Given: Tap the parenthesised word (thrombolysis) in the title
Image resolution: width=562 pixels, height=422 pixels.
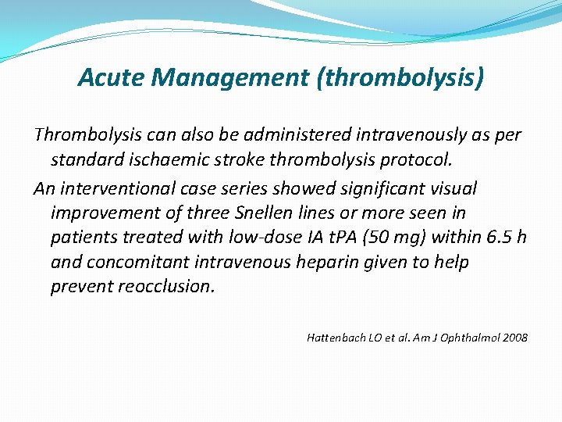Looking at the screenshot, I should (x=400, y=77).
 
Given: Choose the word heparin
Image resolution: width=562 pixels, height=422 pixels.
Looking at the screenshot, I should (x=328, y=262).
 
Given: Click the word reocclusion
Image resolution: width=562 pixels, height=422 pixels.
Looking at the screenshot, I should (x=165, y=286).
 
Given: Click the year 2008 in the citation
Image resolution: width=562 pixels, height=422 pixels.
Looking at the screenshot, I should (x=515, y=338).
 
